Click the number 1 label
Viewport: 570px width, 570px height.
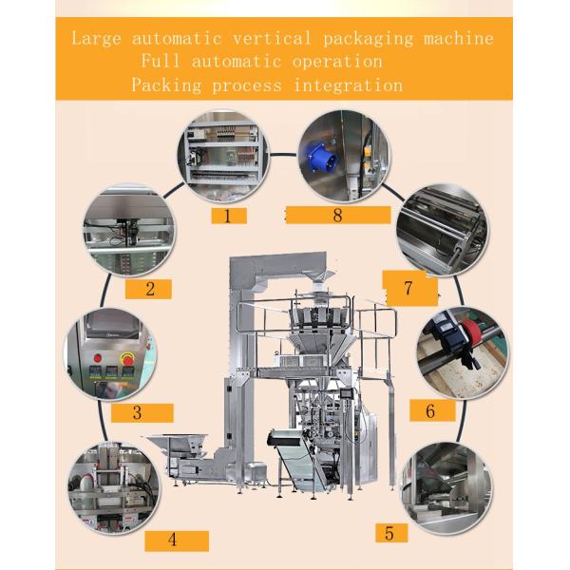[229, 216]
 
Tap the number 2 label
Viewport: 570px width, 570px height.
[148, 289]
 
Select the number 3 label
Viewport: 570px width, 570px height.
[142, 413]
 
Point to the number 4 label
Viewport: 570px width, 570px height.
[177, 541]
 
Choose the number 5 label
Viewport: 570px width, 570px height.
[391, 533]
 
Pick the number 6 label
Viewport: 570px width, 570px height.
[432, 410]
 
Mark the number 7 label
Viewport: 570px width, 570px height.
[410, 288]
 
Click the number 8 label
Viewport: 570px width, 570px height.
[338, 216]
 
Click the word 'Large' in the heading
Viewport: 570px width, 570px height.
[96, 39]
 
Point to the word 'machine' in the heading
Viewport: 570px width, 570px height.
[459, 38]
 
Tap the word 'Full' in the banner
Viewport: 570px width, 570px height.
[161, 61]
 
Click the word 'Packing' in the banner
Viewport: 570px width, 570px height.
[166, 85]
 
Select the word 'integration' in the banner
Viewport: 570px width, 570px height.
[348, 85]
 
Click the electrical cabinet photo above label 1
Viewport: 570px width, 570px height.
[223, 157]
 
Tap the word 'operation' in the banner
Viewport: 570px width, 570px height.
[337, 62]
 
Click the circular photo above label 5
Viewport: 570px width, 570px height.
[446, 488]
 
